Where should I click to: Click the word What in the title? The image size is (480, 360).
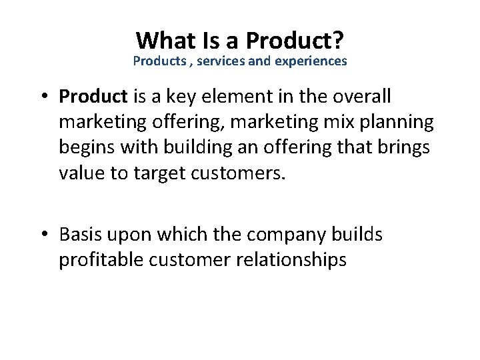click(164, 41)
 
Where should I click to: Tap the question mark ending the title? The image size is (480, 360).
click(338, 41)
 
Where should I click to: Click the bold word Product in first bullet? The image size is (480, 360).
click(93, 97)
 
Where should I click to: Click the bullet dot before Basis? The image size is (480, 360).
click(45, 235)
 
